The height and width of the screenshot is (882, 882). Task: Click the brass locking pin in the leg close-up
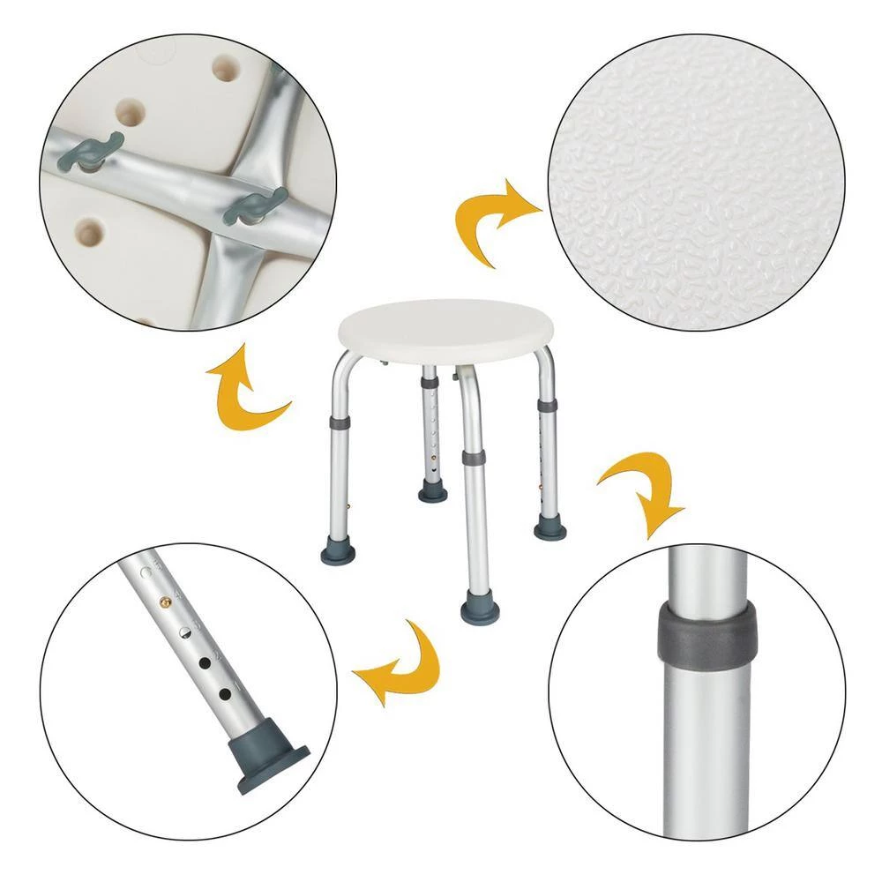pos(165,600)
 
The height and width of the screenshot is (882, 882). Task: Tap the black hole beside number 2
pos(206,661)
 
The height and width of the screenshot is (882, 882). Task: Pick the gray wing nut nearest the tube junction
pos(257,205)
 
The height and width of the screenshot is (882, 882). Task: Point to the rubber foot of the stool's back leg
pos(433,490)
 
